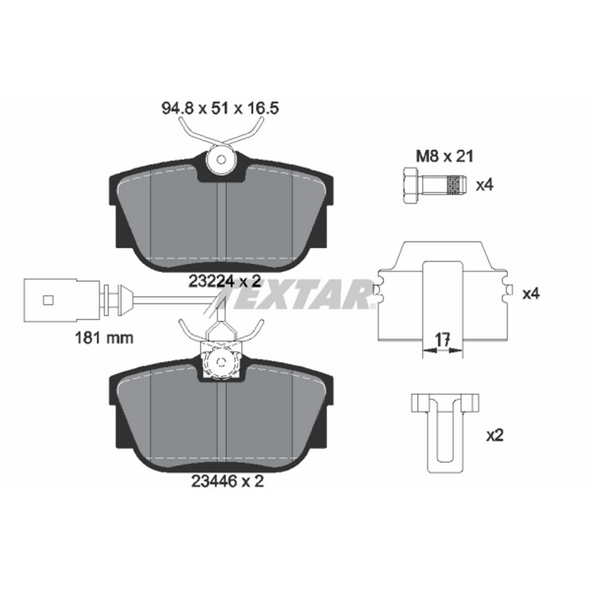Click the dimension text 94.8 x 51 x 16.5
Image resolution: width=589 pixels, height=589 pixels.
pyautogui.click(x=220, y=109)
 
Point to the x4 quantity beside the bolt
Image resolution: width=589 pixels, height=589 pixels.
pyautogui.click(x=485, y=185)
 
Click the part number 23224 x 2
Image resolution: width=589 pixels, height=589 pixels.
pyautogui.click(x=225, y=281)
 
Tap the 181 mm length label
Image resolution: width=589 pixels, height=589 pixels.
pyautogui.click(x=104, y=338)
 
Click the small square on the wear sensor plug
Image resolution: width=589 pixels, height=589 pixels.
pyautogui.click(x=48, y=300)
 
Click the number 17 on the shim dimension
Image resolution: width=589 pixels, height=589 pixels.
pyautogui.click(x=442, y=339)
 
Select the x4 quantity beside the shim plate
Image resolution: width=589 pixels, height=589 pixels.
pyautogui.click(x=531, y=294)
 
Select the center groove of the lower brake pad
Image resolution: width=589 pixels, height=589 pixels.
pyautogui.click(x=221, y=424)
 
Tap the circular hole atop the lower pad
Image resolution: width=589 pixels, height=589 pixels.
pyautogui.click(x=221, y=362)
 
